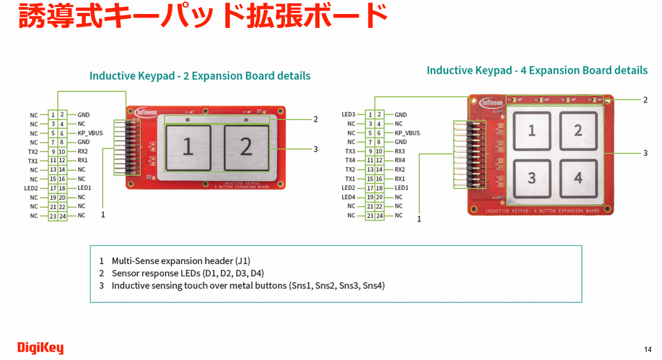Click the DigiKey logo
click(x=40, y=347)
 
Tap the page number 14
click(x=647, y=350)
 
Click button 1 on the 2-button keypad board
click(x=188, y=147)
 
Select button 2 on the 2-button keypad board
click(x=246, y=146)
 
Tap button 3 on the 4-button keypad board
click(x=532, y=178)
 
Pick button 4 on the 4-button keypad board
click(x=578, y=178)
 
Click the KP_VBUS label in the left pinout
click(x=92, y=133)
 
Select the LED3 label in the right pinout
click(x=348, y=115)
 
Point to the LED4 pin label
click(x=348, y=197)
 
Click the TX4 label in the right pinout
click(x=350, y=161)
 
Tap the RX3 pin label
click(x=400, y=151)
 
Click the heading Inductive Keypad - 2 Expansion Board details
click(x=200, y=76)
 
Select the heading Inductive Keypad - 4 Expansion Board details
click(x=537, y=70)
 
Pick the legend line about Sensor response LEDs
click(x=187, y=273)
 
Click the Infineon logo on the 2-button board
click(x=147, y=112)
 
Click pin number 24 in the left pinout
click(x=63, y=216)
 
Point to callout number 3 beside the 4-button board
click(x=645, y=153)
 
